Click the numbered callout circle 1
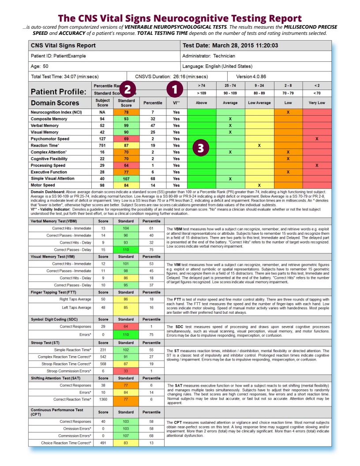point(175,90)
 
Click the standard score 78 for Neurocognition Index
point(126,112)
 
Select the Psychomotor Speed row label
point(50,139)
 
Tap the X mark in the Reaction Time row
point(259,145)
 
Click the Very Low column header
point(317,102)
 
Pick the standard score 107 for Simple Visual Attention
point(126,179)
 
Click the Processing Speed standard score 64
point(126,165)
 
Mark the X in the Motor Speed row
point(259,185)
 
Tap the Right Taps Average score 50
point(103,299)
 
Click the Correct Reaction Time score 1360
point(103,399)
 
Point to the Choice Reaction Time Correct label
point(66,443)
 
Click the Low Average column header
point(259,102)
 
